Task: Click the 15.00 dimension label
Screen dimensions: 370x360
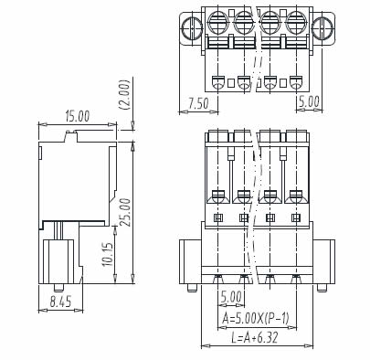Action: (78, 117)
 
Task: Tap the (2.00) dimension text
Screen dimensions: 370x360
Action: (125, 95)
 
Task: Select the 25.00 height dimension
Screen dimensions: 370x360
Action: (125, 212)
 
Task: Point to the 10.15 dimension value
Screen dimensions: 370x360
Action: (108, 254)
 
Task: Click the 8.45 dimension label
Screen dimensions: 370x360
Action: (60, 302)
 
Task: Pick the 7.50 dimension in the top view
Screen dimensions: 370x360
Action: (198, 103)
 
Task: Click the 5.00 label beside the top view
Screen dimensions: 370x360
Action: (309, 101)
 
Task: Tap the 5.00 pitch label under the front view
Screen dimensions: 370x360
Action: (231, 297)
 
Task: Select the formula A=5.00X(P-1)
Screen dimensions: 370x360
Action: (255, 319)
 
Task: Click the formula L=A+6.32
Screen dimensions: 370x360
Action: (255, 337)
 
